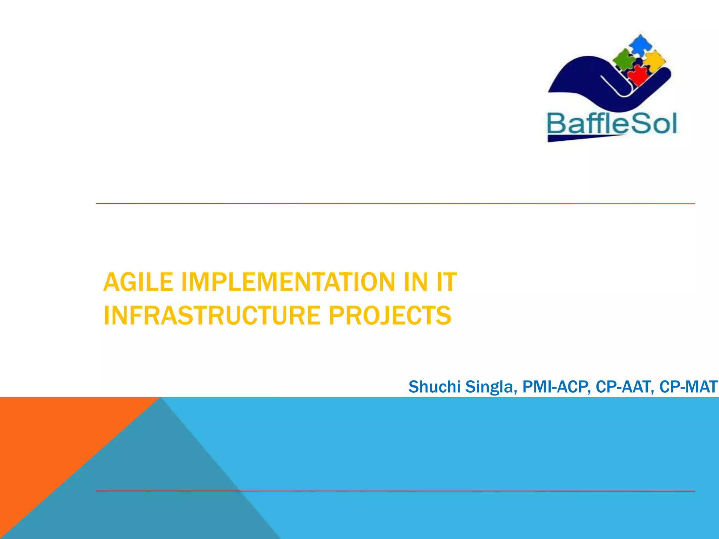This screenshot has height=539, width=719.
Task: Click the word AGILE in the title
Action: [x=138, y=282]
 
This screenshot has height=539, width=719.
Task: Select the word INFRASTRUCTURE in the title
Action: [x=212, y=315]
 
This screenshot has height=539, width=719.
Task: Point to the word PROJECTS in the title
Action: [x=390, y=315]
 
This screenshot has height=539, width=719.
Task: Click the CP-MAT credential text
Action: [x=688, y=387]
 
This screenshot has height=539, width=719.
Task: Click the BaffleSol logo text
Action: [x=612, y=124]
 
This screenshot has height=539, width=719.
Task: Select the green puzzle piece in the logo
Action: [x=624, y=59]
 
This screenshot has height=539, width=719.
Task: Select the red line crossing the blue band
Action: [x=456, y=491]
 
